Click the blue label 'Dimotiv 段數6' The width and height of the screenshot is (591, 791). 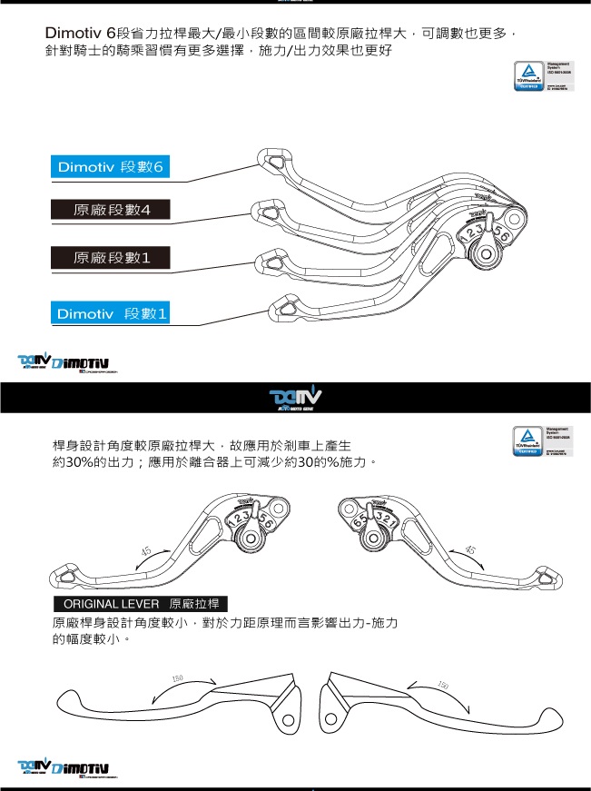click(x=110, y=167)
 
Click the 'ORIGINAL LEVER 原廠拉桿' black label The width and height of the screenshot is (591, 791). click(x=140, y=604)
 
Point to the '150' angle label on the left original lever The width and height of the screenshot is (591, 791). click(x=178, y=678)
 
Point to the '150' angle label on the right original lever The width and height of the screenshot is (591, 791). click(x=442, y=684)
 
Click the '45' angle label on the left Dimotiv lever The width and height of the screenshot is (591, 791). click(x=146, y=551)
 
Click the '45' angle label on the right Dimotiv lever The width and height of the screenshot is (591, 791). click(x=468, y=550)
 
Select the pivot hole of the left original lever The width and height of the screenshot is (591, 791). click(x=287, y=719)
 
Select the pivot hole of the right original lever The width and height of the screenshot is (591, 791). click(x=330, y=719)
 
